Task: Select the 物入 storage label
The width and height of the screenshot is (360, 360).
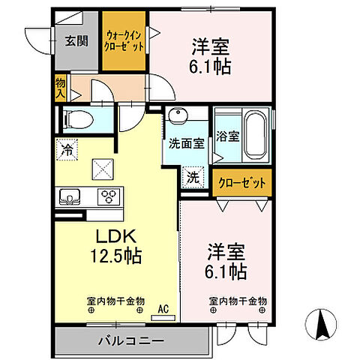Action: pos(60,89)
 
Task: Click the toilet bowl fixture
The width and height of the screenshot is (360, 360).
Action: pos(76,119)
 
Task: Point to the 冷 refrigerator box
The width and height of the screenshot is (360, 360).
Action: pos(67,150)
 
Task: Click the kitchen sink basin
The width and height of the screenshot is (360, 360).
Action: pos(71,197)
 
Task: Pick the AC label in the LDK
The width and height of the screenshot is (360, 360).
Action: pos(163,308)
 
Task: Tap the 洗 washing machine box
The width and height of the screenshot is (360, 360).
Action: pos(193,179)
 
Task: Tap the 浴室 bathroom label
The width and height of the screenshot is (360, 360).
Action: pos(228,137)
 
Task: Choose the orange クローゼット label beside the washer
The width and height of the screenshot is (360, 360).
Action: pos(241,182)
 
